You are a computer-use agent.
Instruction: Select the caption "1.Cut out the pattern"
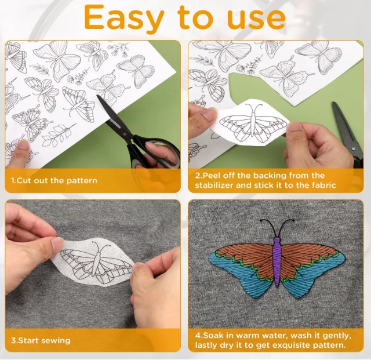[54, 181]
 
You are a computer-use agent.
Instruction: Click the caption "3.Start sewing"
[41, 341]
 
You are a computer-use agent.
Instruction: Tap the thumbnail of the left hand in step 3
[57, 244]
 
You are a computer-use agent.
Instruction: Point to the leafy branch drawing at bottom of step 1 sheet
[59, 135]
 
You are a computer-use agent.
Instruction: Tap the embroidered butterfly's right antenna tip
[293, 220]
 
